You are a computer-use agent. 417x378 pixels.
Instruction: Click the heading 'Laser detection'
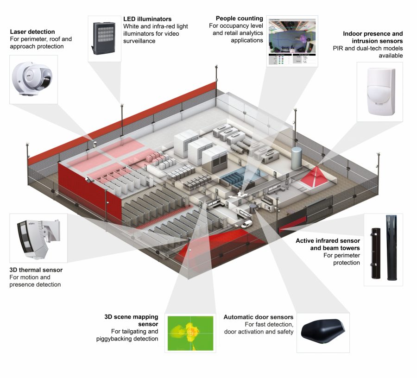point(32,32)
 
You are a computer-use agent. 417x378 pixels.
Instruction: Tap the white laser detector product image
point(33,79)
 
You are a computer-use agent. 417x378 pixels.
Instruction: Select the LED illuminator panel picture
point(104,38)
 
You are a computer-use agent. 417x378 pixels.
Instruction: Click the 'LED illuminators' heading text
point(147,19)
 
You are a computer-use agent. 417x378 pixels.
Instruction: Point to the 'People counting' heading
point(239,18)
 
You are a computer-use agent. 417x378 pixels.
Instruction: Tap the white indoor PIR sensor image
point(380,90)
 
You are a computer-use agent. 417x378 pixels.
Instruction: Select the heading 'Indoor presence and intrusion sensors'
point(373,38)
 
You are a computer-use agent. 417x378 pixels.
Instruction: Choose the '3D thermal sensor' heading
point(36,270)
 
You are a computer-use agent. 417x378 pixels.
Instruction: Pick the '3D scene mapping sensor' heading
point(132,321)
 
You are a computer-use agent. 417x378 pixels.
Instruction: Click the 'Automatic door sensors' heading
point(258,317)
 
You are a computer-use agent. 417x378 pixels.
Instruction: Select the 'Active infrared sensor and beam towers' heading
point(328,245)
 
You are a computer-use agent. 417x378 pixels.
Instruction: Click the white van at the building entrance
point(248,224)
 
